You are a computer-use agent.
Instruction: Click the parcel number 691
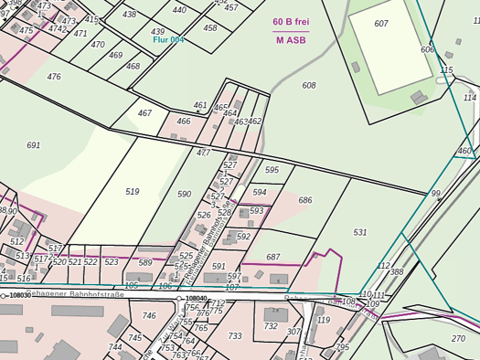pos(34,145)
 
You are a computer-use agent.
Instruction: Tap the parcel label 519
pos(133,191)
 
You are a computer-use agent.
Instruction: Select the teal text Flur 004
pos(168,40)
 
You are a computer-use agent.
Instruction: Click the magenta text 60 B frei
pos(291,21)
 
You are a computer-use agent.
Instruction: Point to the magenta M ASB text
pos(291,40)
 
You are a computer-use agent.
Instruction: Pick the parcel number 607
pos(381,23)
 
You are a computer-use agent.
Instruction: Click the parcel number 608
pos(309,85)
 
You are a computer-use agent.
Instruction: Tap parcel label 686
pos(305,200)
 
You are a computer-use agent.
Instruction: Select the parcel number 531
pos(360,232)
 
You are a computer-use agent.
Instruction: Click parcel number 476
pos(54,77)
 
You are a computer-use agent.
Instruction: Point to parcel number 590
pos(185,194)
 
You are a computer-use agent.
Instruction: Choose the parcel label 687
pos(273,258)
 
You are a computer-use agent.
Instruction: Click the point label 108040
pos(197,298)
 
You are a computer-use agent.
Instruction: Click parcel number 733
pos(235,336)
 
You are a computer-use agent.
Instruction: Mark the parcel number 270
pos(458,338)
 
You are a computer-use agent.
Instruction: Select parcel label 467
pos(144,113)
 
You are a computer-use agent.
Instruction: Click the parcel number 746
pos(149,316)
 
